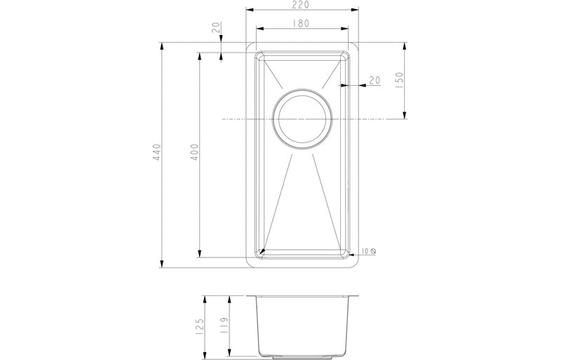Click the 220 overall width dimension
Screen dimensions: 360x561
[302, 5]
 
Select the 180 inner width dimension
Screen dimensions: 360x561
[302, 23]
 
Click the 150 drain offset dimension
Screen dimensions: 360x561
[399, 79]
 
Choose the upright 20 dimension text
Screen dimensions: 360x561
[374, 81]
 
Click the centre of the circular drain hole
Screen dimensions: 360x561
[302, 119]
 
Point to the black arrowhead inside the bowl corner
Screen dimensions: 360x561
[262, 250]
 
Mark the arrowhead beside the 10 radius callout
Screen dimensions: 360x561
[352, 251]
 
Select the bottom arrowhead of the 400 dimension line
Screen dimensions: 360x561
[200, 255]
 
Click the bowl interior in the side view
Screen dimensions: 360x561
[302, 323]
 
